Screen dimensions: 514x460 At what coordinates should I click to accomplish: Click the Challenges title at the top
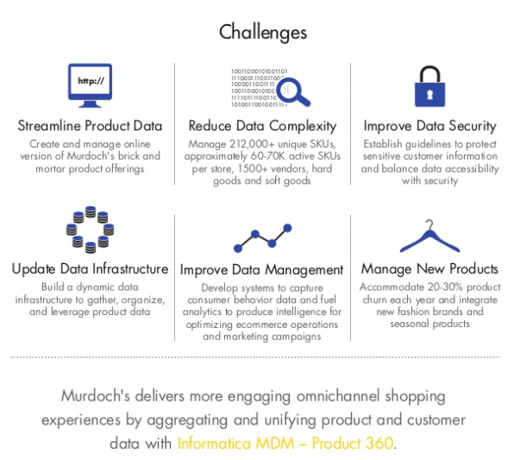263,33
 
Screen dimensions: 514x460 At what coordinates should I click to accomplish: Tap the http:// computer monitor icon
90,85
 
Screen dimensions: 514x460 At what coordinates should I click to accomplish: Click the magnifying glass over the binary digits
292,91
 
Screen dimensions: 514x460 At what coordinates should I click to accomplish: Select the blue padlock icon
429,86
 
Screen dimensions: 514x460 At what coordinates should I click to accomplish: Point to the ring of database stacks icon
90,230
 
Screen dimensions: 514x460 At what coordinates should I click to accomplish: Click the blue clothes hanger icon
429,236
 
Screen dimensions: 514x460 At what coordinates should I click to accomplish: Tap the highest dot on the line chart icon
287,228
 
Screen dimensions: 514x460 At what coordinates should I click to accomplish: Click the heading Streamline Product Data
90,126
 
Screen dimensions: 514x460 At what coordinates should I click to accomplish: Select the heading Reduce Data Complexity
262,126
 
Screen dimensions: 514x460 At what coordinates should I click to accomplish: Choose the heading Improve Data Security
429,126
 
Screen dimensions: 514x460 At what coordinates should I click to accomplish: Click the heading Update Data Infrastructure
90,269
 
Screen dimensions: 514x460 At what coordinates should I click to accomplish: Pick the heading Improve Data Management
261,270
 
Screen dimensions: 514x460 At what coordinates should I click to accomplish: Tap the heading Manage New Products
429,269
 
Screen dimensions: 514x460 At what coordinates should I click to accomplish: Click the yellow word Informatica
214,444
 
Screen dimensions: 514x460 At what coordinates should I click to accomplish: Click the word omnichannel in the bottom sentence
338,396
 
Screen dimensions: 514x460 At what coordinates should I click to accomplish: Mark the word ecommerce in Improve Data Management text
261,325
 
